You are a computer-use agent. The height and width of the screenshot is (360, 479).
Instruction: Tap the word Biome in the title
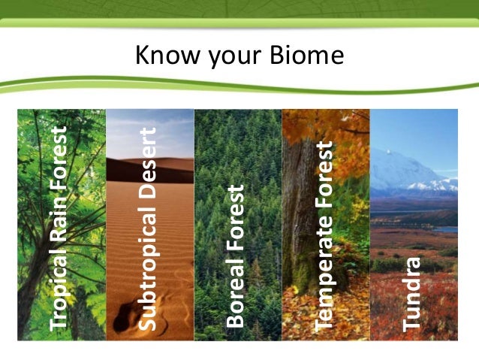[x=307, y=56]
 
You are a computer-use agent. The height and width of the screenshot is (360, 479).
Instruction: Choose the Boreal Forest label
[x=236, y=256]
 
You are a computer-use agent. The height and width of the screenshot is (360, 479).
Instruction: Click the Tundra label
[x=412, y=294]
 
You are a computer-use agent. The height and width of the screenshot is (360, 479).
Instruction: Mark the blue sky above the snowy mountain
[x=420, y=132]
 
